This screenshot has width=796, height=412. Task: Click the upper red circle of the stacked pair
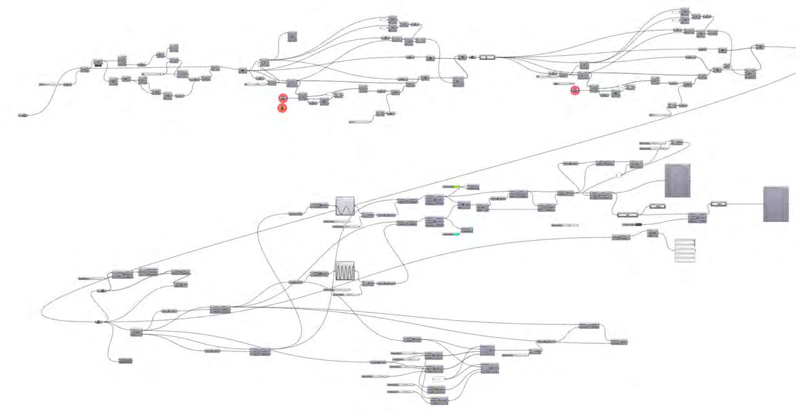tap(282, 98)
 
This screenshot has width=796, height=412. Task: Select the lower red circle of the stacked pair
tap(282, 108)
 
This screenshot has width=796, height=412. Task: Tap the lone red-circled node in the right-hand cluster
tap(575, 91)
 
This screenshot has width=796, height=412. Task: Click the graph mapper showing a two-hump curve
tap(345, 206)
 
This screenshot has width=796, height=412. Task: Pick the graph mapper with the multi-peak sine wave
tap(345, 271)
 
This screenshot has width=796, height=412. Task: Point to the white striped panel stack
tap(685, 250)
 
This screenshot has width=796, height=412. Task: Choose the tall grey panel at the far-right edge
tap(775, 204)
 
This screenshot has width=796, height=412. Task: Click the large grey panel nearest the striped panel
tap(677, 180)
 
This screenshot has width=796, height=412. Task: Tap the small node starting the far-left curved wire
tap(22, 115)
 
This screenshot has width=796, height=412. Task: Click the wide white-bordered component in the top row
tap(487, 57)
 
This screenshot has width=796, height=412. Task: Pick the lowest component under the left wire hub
tap(125, 360)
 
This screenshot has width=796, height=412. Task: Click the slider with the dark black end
tap(632, 223)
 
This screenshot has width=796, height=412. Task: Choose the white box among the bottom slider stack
tap(437, 379)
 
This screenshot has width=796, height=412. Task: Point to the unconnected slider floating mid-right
tap(565, 224)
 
